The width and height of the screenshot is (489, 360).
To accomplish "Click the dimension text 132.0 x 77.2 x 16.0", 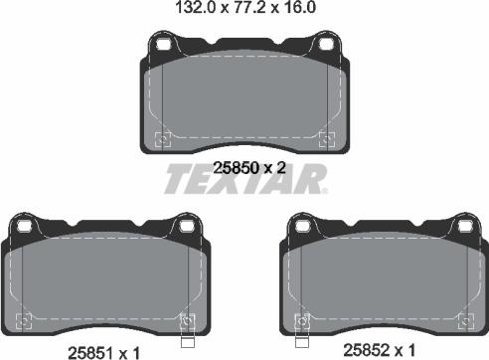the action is coord(245,7).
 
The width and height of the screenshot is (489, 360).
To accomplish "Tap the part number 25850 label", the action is coord(236,168).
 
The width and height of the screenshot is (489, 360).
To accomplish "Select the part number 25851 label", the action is coord(89,353).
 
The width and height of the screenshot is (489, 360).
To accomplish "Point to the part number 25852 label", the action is coord(366,350).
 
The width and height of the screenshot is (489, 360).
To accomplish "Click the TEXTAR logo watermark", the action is coord(245,178).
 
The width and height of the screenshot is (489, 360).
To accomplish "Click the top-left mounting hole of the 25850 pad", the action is coord(162,44).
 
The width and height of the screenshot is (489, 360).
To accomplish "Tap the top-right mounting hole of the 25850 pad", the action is coord(325,44).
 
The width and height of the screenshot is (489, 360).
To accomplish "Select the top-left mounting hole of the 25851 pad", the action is coord(24,226).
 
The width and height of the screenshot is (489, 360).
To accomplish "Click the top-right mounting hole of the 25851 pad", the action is coord(186,226).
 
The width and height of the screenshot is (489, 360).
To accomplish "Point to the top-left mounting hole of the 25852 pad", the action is coord(302,226).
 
